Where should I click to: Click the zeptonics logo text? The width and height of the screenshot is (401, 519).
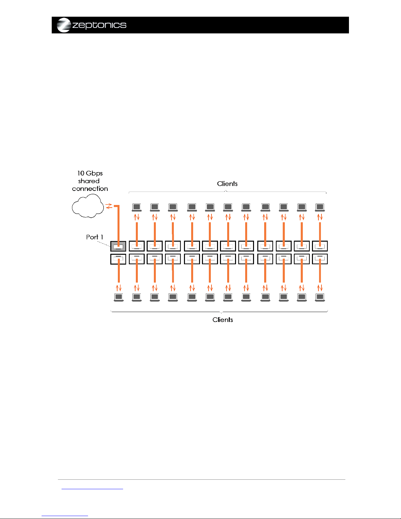click(99, 25)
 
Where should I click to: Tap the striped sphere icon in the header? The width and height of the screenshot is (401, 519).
click(64, 25)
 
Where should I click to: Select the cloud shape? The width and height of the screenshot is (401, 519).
click(88, 206)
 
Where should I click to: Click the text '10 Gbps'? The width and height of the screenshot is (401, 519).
click(90, 173)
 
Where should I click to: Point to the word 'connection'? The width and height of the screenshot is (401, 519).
click(90, 189)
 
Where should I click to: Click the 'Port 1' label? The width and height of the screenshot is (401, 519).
click(95, 237)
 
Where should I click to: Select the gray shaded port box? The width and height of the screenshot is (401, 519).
click(118, 246)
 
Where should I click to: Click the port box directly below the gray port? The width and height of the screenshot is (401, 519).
click(118, 259)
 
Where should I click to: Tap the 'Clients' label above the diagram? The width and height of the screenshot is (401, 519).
click(227, 184)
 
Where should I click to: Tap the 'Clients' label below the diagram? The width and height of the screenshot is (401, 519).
click(223, 320)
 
